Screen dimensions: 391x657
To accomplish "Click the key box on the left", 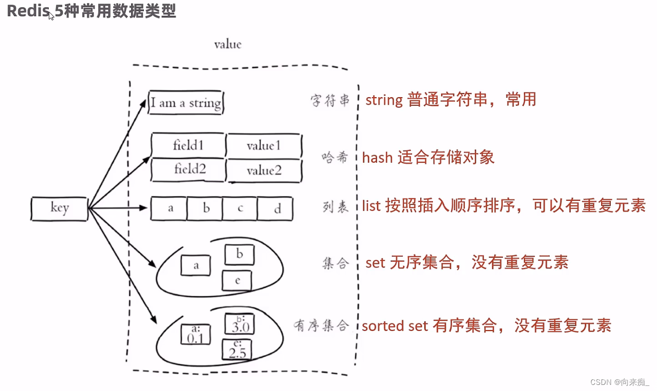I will coord(59,208).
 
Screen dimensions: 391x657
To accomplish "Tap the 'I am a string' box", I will coord(185,103).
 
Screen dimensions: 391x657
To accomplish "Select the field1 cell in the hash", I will coord(188,146).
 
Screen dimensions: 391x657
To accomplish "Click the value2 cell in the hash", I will coord(264,170).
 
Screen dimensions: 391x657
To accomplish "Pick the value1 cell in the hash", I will coord(264,146).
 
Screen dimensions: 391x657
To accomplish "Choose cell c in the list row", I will coord(240,209).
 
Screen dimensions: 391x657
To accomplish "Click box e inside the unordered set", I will coord(237,280).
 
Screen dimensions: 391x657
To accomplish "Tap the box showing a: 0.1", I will coord(196,334).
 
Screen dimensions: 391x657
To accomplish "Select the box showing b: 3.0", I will coord(238,324).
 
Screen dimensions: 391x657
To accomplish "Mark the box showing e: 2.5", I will coord(237,350).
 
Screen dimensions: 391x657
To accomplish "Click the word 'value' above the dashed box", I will coord(228,45).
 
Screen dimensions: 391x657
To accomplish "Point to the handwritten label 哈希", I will coord(335,158).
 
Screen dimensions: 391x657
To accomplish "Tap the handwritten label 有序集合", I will coord(322,325).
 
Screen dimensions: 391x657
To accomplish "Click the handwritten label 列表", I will coord(335,207).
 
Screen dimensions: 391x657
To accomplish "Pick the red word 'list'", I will coord(371,206).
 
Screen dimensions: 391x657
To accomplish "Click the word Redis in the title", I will coord(27,11).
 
